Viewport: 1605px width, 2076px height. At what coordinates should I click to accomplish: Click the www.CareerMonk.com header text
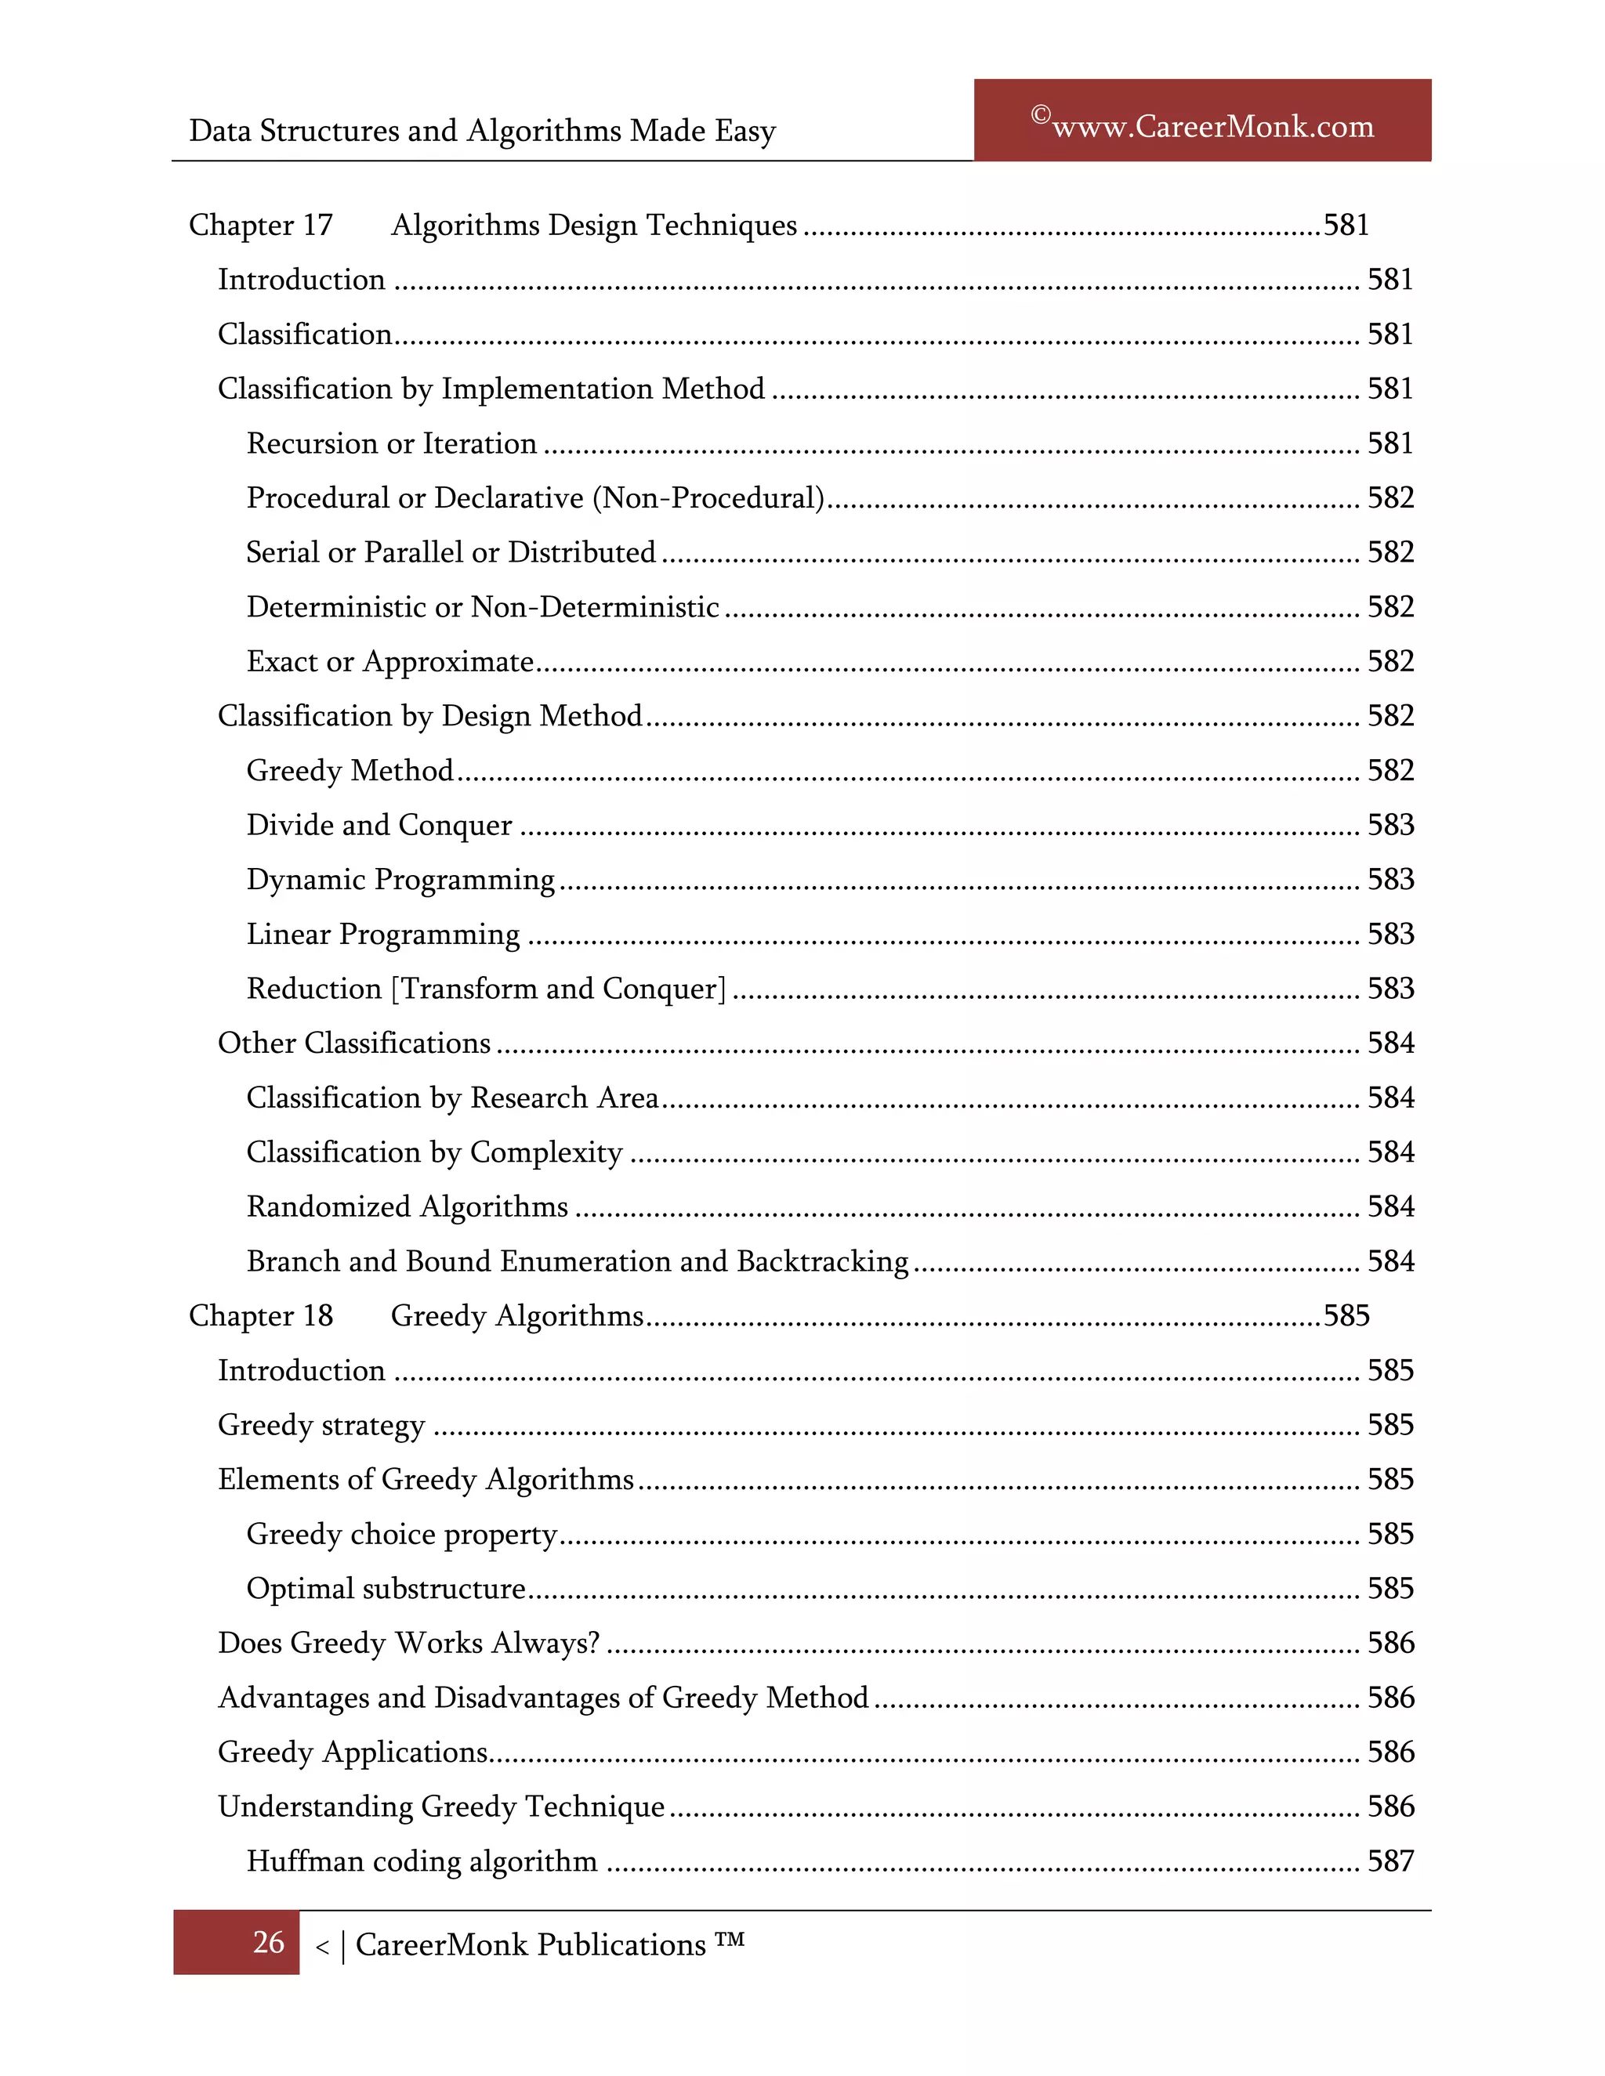[x=1212, y=126]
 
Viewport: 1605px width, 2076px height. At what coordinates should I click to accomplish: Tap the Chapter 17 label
[x=260, y=226]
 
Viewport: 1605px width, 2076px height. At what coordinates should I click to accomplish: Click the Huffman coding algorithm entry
[x=421, y=1861]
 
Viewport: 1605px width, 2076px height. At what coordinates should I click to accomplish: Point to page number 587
[x=1390, y=1861]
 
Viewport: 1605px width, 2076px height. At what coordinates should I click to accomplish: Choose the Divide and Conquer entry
[x=379, y=825]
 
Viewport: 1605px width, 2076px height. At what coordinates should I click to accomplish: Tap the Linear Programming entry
[x=382, y=935]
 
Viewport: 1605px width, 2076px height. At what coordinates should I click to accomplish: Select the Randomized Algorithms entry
[x=407, y=1207]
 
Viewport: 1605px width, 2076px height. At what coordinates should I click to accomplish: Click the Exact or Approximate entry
[x=389, y=662]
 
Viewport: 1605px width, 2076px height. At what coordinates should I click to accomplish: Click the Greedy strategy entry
[x=321, y=1425]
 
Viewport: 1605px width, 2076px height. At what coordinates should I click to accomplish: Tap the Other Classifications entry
[x=353, y=1043]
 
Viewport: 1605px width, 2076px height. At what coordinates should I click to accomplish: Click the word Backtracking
[x=822, y=1261]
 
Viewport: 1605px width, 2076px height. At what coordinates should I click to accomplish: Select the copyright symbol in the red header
[x=1040, y=116]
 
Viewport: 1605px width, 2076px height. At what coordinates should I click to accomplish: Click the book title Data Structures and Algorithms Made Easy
[x=482, y=130]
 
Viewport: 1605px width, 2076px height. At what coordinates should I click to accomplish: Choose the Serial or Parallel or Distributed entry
[x=451, y=552]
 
